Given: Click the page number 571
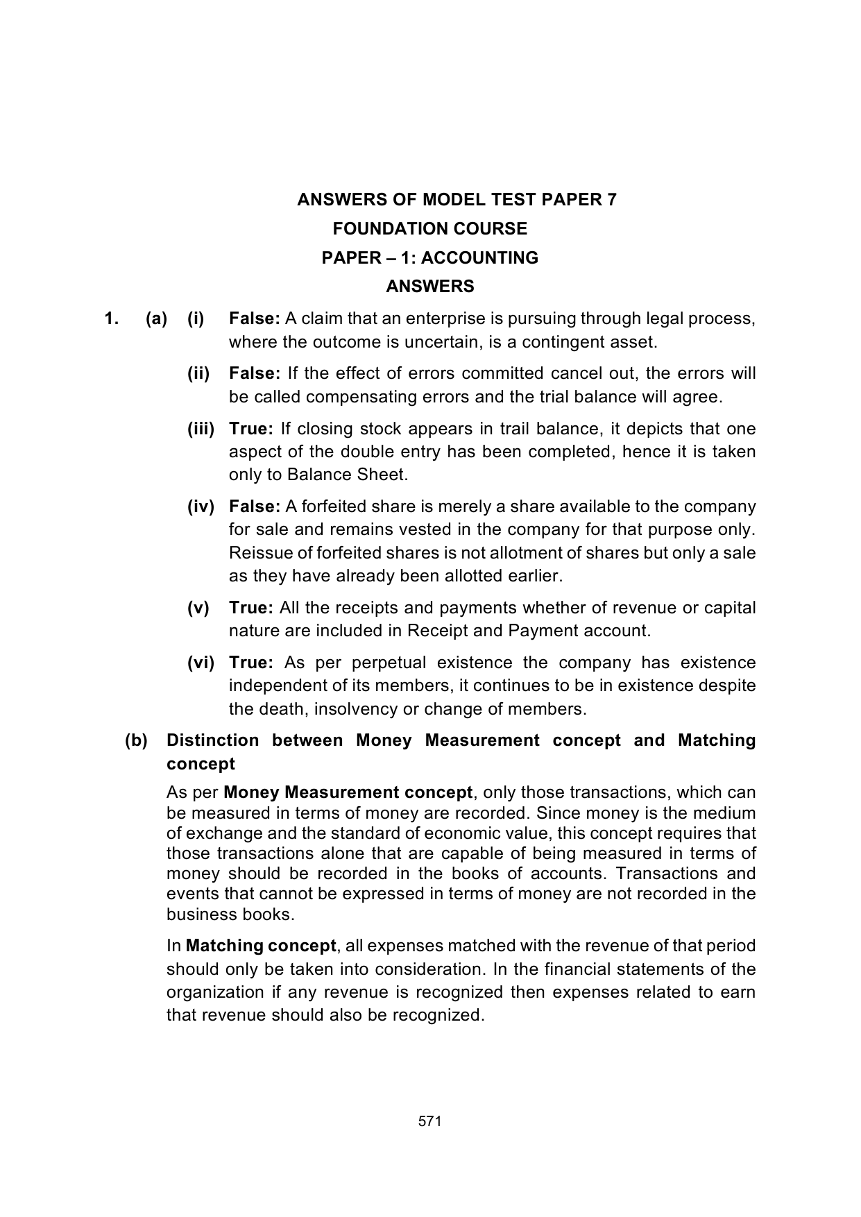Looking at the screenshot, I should pyautogui.click(x=430, y=1121).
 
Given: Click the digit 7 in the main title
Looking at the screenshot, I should pyautogui.click(x=611, y=200).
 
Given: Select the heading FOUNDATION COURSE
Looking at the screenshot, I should pyautogui.click(x=430, y=229).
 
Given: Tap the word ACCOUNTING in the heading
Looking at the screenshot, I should pyautogui.click(x=479, y=258).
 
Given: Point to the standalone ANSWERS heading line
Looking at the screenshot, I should pyautogui.click(x=430, y=287).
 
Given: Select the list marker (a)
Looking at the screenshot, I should pyautogui.click(x=156, y=319).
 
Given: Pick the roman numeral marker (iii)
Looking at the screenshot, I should pyautogui.click(x=201, y=429).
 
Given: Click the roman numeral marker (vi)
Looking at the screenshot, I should pyautogui.click(x=201, y=663).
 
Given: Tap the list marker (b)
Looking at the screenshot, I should pyautogui.click(x=136, y=740).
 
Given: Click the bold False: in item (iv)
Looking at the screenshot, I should pyautogui.click(x=254, y=507).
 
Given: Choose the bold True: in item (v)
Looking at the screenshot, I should pyautogui.click(x=251, y=608).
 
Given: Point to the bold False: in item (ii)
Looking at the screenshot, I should pyautogui.click(x=254, y=373).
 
